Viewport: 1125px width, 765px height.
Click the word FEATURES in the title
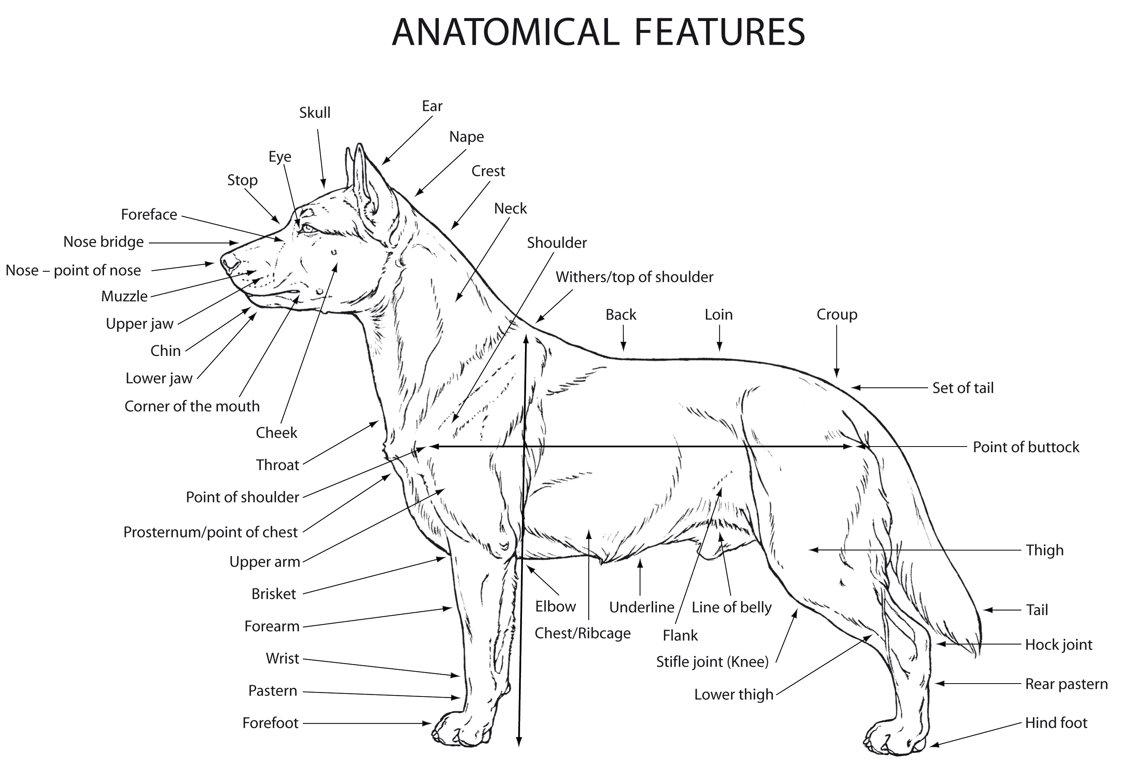[x=719, y=32]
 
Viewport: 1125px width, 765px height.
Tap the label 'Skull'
[x=315, y=113]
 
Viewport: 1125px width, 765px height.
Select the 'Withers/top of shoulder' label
[x=634, y=277]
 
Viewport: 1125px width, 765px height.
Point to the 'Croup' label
[x=837, y=315]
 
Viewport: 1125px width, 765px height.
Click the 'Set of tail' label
[x=963, y=388]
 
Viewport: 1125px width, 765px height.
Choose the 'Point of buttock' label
[x=1026, y=447]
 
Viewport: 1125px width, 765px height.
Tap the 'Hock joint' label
[x=1059, y=645]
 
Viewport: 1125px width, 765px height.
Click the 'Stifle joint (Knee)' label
[x=712, y=662]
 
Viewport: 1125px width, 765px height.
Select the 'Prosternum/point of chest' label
[x=211, y=532]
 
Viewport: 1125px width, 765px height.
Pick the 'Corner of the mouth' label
[x=192, y=406]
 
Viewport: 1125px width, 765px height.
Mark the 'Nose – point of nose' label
[x=73, y=271]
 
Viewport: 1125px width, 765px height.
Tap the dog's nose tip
[x=224, y=262]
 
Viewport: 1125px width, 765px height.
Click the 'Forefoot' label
[x=271, y=723]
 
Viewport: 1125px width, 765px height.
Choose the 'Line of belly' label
[x=732, y=608]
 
